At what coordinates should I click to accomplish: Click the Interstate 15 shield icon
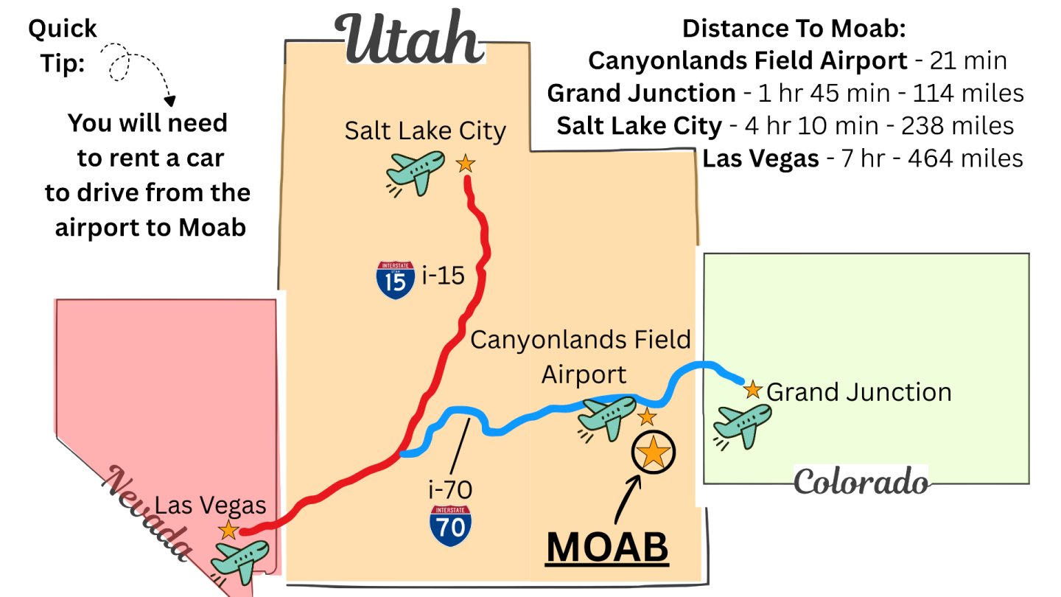[x=395, y=280]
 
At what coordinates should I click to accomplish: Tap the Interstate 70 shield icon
[x=451, y=526]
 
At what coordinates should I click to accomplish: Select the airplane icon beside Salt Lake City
[x=415, y=172]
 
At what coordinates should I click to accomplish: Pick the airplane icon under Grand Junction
[x=743, y=426]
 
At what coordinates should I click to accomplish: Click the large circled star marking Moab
[x=654, y=452]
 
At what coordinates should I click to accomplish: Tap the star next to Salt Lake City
[x=465, y=163]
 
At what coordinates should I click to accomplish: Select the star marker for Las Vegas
[x=228, y=529]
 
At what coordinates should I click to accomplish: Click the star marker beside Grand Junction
[x=752, y=390]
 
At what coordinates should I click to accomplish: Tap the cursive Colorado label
[x=861, y=482]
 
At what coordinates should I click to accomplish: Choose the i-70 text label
[x=449, y=489]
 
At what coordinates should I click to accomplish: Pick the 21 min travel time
[x=968, y=60]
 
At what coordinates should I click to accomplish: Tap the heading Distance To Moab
[x=793, y=29]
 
